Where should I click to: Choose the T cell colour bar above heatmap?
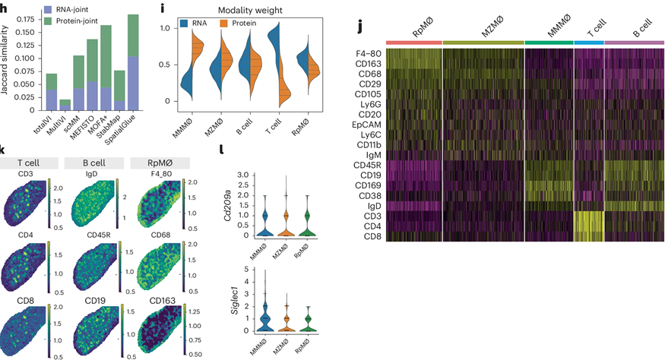(x=588, y=41)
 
